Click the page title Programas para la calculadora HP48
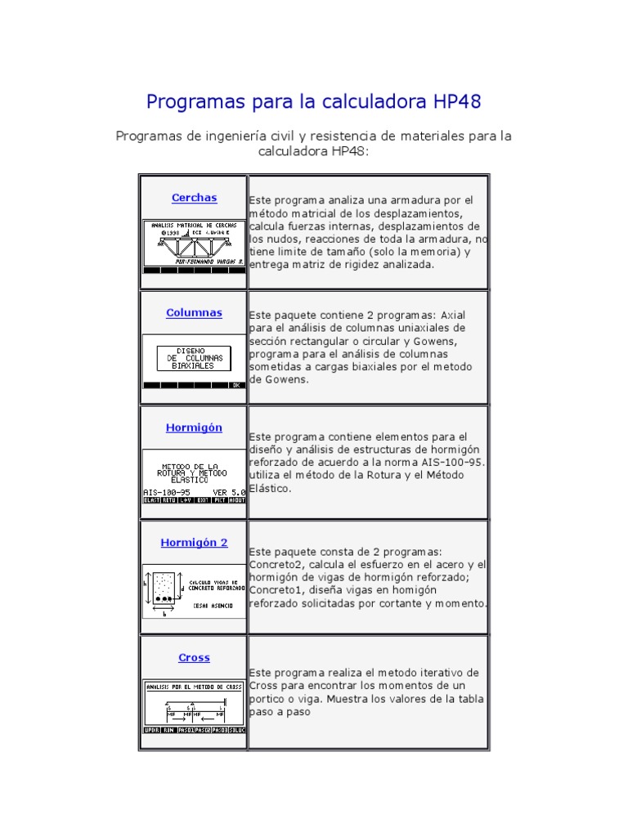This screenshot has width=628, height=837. pos(313,102)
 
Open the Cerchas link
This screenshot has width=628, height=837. pos(194,198)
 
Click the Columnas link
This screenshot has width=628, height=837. pos(194,313)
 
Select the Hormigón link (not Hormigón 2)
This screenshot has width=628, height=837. pos(194,427)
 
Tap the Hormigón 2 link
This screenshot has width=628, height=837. pos(194,543)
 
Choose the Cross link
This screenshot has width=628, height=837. pos(194,658)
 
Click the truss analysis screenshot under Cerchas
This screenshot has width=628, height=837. pos(194,246)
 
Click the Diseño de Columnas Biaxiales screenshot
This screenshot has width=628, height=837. pos(194,360)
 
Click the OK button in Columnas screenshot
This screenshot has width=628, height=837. pos(235,385)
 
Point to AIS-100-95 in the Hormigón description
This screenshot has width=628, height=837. pos(455,462)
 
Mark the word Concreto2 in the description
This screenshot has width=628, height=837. pos(278,565)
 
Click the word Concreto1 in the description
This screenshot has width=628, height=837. pos(278,590)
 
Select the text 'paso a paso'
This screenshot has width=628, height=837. pos(280,712)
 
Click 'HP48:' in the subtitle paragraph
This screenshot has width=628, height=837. pos(352,151)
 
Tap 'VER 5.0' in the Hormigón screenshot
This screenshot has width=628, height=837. pos(229,493)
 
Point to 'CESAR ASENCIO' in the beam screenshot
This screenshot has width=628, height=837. pos(213,606)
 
